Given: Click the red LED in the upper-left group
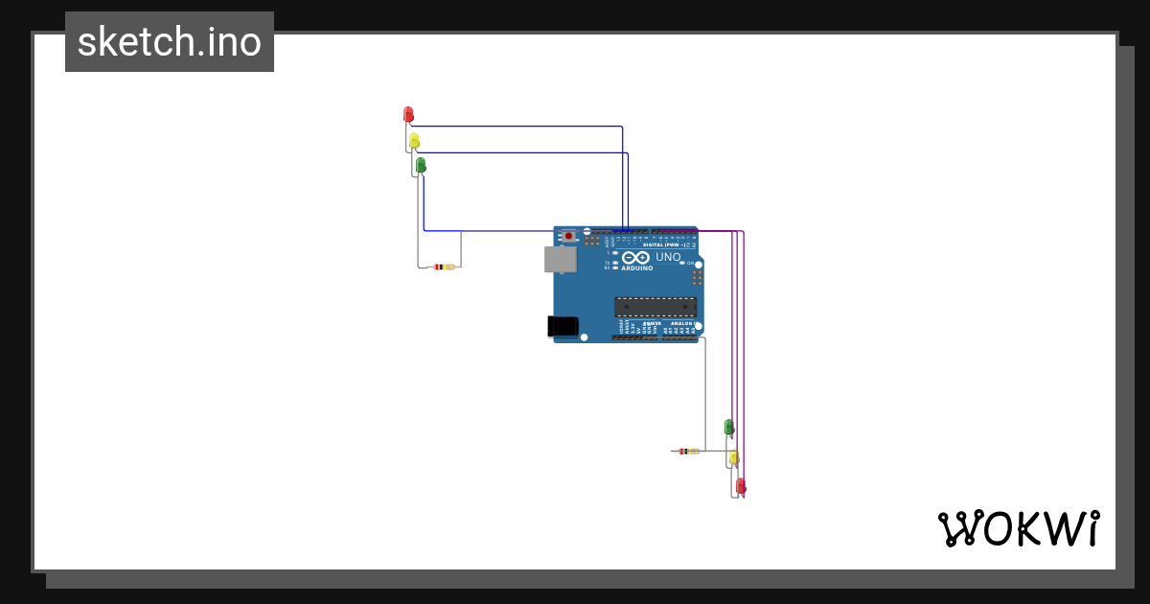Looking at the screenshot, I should [408, 114].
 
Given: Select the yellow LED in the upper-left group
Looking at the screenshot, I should [414, 140].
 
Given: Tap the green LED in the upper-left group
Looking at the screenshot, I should [420, 165].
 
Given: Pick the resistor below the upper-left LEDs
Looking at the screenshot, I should [444, 267].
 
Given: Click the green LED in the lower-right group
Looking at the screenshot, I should [728, 427].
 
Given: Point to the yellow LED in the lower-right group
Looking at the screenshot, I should [734, 457].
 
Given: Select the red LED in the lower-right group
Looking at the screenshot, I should [740, 486].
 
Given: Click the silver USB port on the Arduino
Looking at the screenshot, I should [560, 259].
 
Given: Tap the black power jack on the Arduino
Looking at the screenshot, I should [563, 326].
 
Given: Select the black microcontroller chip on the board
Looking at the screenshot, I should [655, 306].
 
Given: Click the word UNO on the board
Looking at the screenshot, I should [668, 257].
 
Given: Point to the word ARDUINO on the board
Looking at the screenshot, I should [638, 268].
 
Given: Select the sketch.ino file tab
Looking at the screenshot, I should [170, 42].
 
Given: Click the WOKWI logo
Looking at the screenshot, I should [1018, 528].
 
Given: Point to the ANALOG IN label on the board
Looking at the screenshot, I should [681, 324].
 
